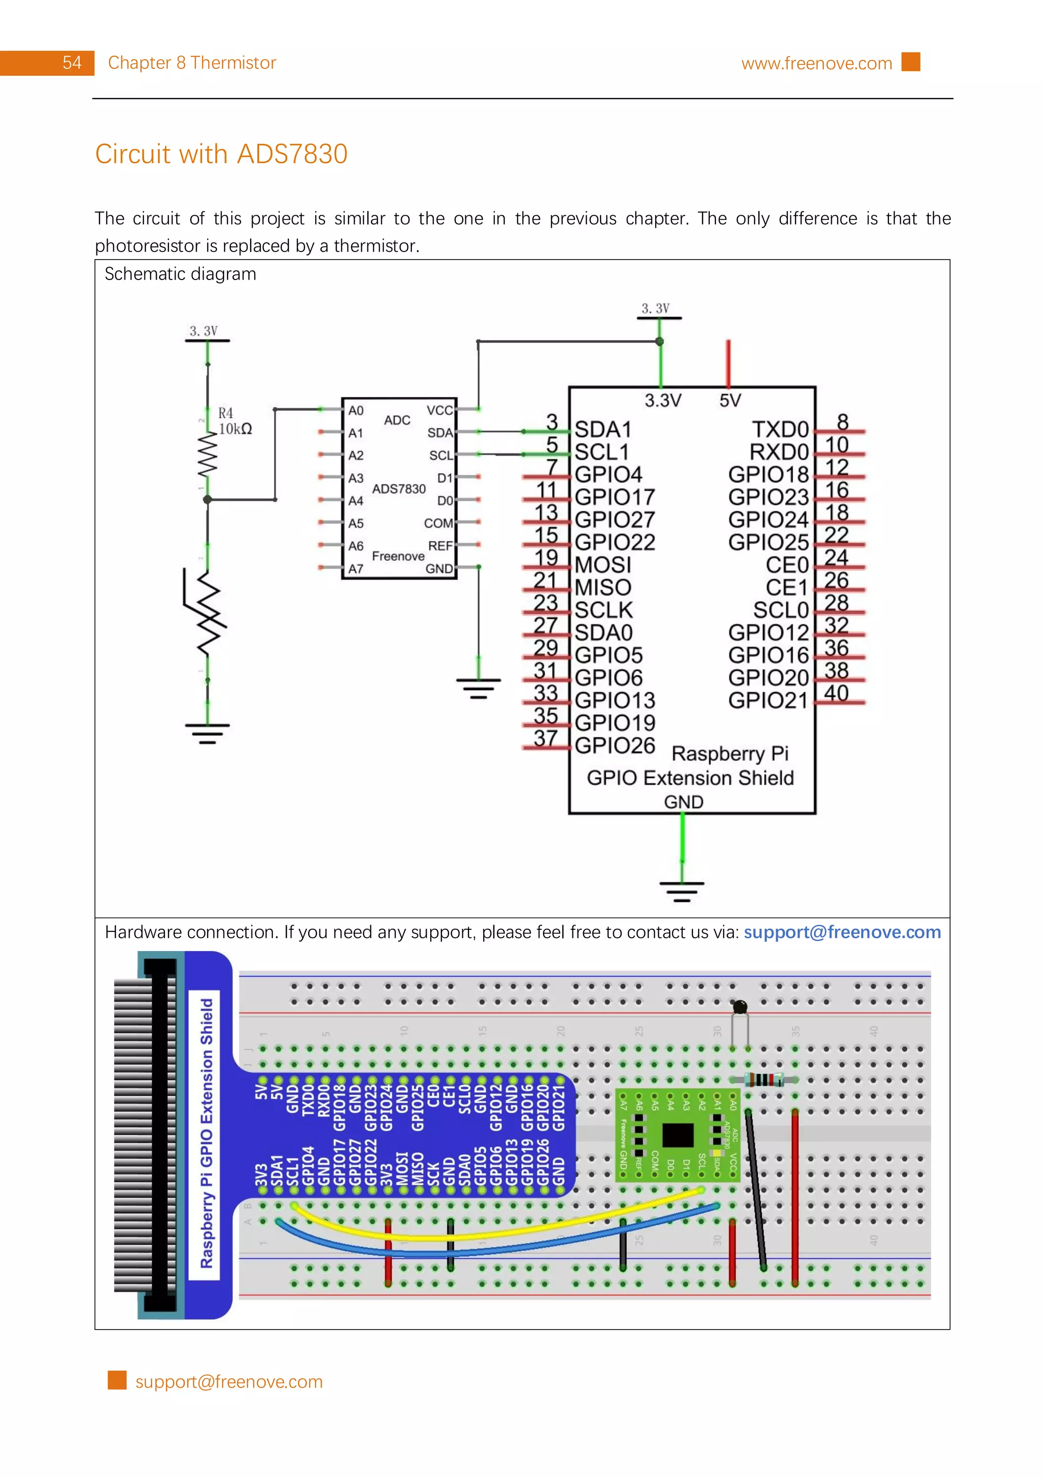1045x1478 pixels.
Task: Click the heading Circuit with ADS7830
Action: [221, 154]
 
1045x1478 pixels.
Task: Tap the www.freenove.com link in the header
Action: [816, 63]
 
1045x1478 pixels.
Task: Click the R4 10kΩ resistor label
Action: [234, 421]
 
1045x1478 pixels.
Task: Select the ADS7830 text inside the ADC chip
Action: [399, 489]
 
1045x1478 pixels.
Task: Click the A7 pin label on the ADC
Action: [356, 569]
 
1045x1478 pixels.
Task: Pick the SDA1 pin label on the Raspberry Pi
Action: [602, 429]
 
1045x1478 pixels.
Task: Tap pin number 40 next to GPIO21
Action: [836, 693]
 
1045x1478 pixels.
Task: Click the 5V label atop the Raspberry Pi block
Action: [730, 400]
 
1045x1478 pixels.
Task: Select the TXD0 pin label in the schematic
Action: [780, 429]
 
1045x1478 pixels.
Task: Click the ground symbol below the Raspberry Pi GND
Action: [682, 890]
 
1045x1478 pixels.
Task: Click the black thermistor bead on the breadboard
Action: [740, 1006]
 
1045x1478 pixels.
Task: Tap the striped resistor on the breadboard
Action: [764, 1080]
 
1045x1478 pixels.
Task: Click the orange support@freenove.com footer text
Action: [229, 1382]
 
